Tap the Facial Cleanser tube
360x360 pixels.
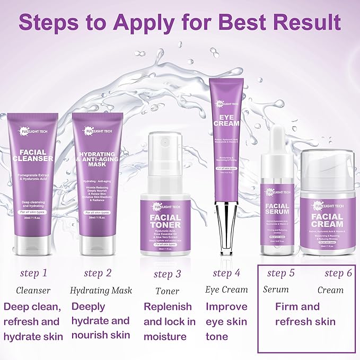coord(32,175)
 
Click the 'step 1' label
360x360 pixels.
coord(33,273)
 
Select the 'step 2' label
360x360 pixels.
coord(98,273)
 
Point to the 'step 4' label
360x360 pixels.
coord(226,273)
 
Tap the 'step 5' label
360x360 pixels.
coord(280,273)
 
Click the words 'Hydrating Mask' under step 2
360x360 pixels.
coord(101,291)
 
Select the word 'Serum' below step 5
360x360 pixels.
coord(276,289)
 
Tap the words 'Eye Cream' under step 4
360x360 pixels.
coord(226,289)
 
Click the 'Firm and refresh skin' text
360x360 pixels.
coord(305,314)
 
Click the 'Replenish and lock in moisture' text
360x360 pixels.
coord(170,321)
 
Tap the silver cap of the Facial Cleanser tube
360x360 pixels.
coord(32,244)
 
